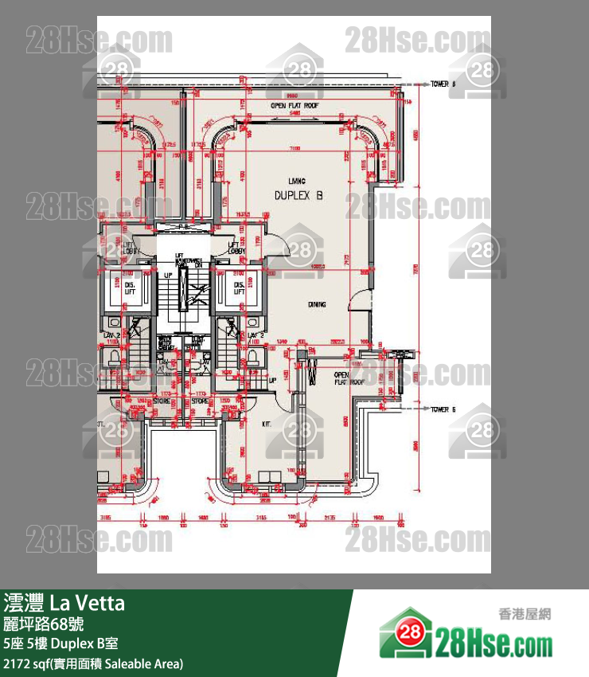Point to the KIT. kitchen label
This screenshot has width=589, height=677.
(267, 425)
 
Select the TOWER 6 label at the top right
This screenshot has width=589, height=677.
(443, 84)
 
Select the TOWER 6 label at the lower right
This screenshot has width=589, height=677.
(443, 409)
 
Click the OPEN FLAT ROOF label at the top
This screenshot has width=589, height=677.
(294, 105)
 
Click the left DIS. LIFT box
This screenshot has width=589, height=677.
(127, 288)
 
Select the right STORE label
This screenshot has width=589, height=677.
(201, 402)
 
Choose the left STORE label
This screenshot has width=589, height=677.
(162, 402)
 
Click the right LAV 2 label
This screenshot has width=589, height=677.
(255, 335)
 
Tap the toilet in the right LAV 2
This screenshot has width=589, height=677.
(252, 356)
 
